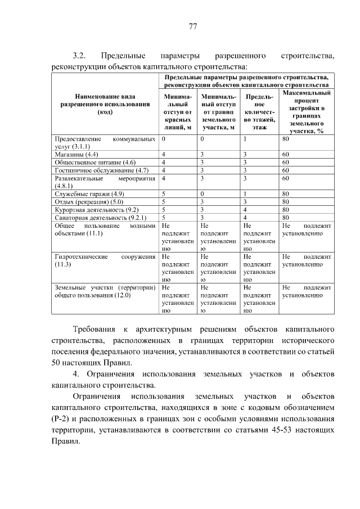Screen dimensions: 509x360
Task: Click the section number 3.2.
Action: (78, 56)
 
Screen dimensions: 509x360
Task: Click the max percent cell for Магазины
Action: (286, 154)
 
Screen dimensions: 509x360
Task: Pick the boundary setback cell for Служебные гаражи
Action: (202, 193)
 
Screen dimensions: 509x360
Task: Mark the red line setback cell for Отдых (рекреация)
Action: (163, 201)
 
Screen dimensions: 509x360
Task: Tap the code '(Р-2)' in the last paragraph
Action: (62, 420)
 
